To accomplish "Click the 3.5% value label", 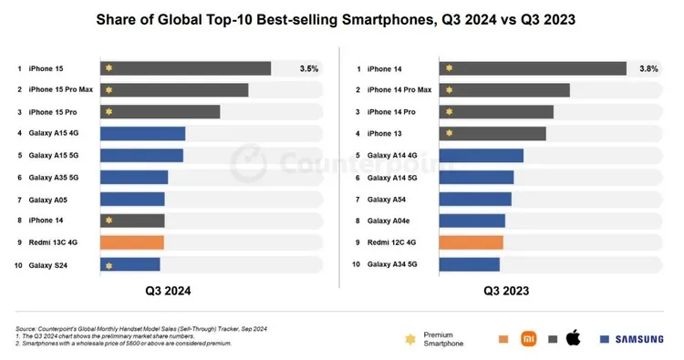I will (308, 68).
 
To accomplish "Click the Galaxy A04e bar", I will (472, 221).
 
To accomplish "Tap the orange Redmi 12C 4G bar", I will (472, 242).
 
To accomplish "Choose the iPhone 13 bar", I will (492, 134).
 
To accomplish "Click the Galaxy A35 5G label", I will (54, 177).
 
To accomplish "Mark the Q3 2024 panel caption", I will (168, 292).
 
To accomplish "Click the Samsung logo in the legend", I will (637, 339).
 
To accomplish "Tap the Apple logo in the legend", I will (573, 338).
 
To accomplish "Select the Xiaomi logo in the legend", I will (527, 339).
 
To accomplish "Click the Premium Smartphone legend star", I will (410, 339).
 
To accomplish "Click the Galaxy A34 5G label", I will (393, 264).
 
